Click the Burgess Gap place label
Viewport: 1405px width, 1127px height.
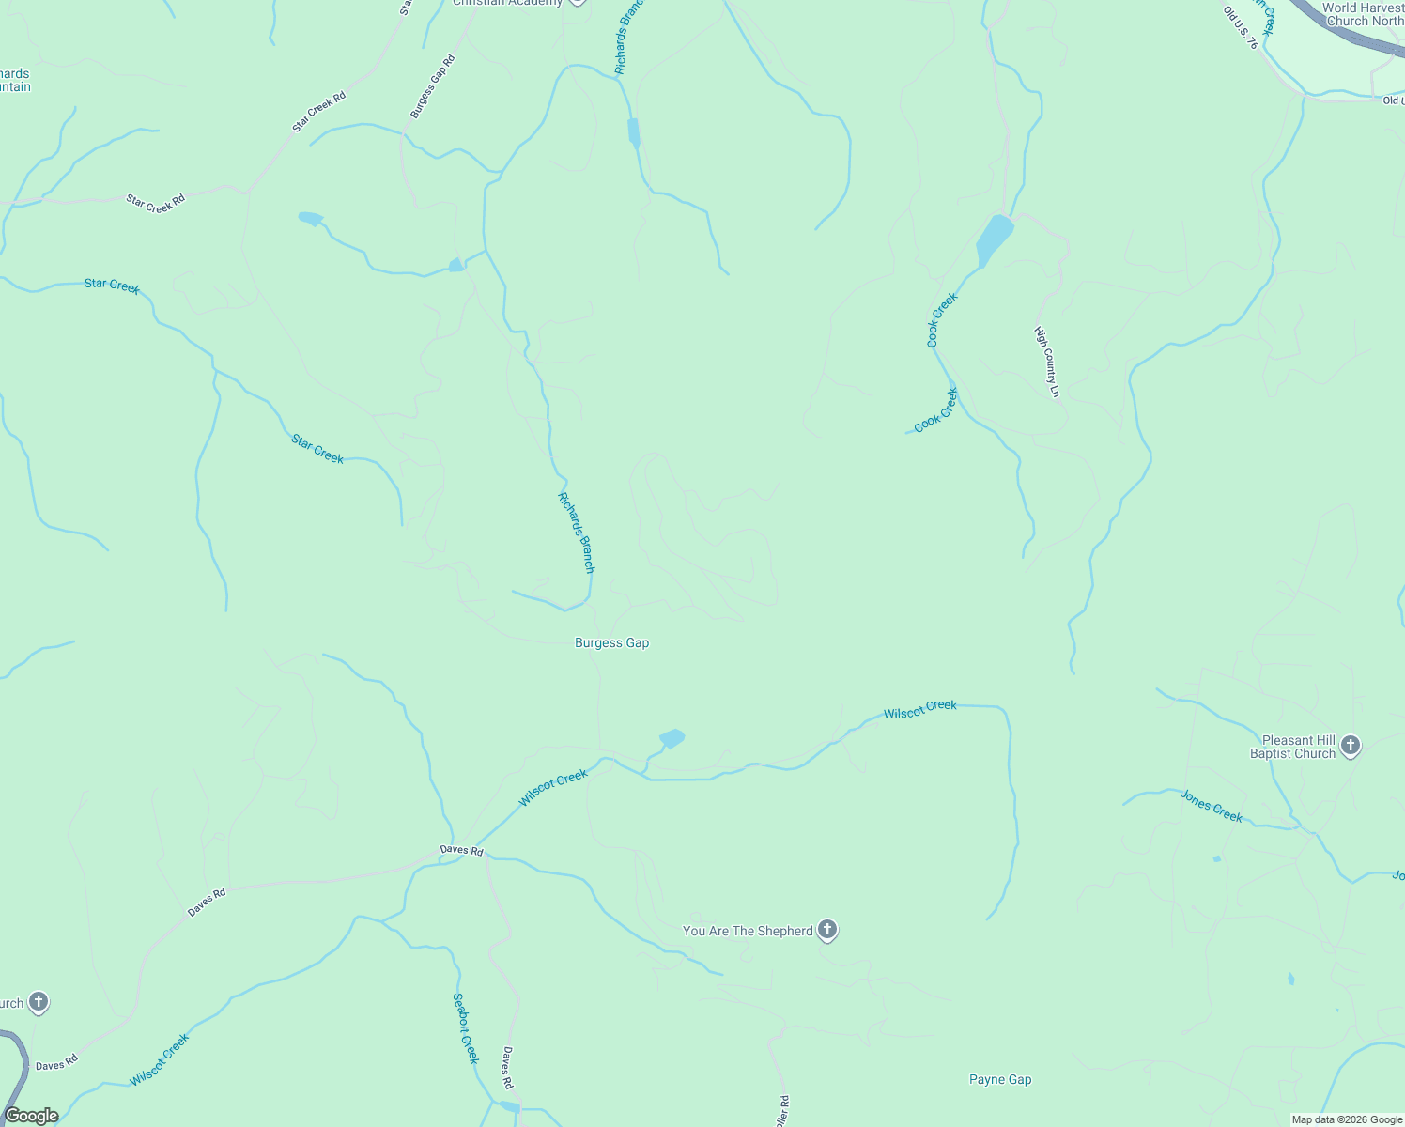click(611, 643)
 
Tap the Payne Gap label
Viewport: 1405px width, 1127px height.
click(1000, 1080)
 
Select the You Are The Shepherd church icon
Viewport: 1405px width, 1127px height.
click(827, 930)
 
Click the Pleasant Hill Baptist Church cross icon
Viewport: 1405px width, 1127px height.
click(1351, 746)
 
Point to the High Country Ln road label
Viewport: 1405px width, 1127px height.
click(1047, 362)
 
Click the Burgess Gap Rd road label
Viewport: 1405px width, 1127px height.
click(432, 86)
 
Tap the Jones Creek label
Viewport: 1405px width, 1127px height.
click(1212, 807)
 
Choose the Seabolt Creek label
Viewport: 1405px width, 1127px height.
click(466, 1028)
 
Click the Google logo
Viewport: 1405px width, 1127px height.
click(31, 1116)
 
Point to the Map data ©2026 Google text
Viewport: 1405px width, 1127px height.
click(1346, 1119)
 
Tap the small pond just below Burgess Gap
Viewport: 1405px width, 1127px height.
click(672, 738)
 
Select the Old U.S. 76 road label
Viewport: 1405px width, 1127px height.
click(1241, 28)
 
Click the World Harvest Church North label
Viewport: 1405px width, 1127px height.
click(1364, 14)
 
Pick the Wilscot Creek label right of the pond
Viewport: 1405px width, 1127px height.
click(920, 710)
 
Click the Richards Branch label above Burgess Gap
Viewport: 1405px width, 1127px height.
click(577, 533)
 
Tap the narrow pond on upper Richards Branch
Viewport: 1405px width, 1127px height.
click(634, 132)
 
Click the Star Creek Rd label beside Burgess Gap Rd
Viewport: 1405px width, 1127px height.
click(318, 111)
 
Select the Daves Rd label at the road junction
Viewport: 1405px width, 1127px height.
click(462, 851)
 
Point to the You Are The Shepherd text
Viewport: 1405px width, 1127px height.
click(748, 931)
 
